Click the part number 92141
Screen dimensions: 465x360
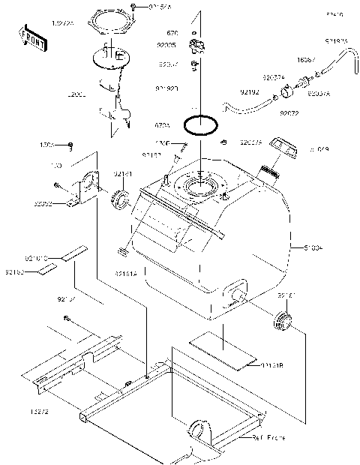tap(123, 173)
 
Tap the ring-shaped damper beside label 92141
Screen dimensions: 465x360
tap(121, 199)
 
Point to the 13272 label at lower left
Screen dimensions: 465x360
tap(19, 412)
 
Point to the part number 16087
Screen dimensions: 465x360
tap(304, 57)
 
